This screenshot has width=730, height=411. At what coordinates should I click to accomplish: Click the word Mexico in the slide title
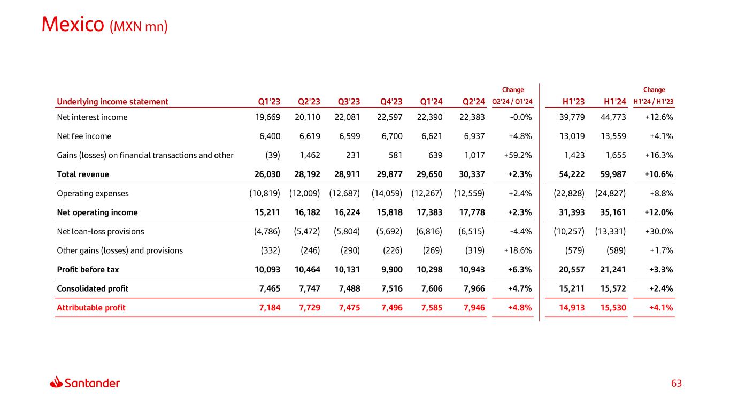coord(73,24)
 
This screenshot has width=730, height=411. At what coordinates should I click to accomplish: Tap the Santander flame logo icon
coord(56,383)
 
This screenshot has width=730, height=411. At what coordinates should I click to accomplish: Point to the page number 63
coord(677,384)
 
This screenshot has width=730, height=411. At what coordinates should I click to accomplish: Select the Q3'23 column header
coord(349,102)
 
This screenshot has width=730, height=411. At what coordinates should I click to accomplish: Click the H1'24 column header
coord(615,102)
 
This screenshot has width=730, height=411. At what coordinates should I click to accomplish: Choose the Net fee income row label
coord(84,136)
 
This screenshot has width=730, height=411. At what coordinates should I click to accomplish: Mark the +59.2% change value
coord(518,155)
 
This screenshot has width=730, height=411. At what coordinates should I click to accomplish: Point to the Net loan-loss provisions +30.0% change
coord(659,232)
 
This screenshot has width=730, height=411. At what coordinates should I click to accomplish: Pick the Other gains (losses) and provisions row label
coord(120,250)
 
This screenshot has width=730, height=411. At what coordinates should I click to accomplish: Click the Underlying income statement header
coord(112,102)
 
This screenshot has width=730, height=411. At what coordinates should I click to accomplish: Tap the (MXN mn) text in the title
coord(139,26)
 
